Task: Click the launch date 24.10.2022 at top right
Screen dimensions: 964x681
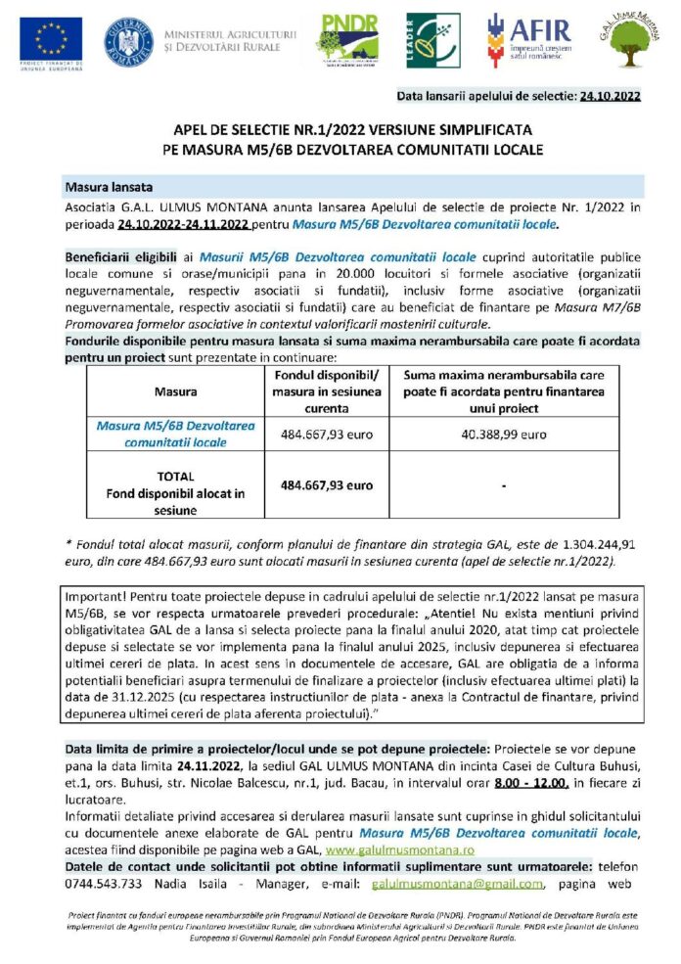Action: [x=610, y=96]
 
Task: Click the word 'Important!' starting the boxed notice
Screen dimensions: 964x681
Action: [x=93, y=596]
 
